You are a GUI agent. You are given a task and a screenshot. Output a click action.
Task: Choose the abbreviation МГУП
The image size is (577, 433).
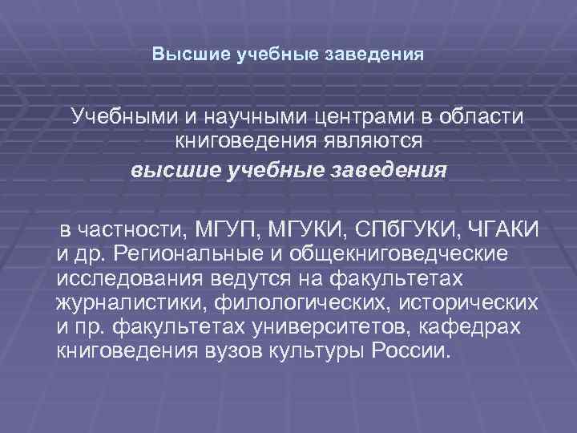232,231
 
